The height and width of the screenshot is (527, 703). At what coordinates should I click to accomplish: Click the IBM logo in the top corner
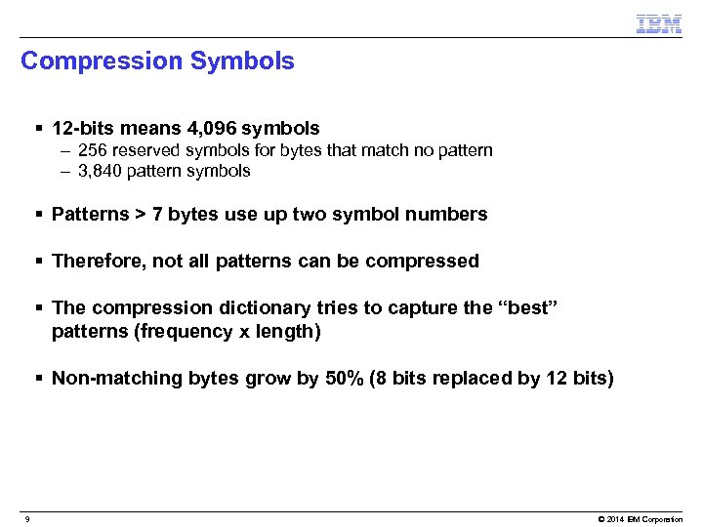tap(658, 23)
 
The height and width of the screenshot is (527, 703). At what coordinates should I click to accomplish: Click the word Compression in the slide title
tap(102, 61)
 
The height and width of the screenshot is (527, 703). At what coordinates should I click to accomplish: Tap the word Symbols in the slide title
tap(242, 61)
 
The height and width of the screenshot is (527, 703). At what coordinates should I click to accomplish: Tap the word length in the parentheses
tap(288, 331)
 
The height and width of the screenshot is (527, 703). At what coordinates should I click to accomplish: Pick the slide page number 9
tap(27, 519)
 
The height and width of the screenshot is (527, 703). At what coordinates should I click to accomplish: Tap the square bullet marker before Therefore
tap(38, 262)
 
